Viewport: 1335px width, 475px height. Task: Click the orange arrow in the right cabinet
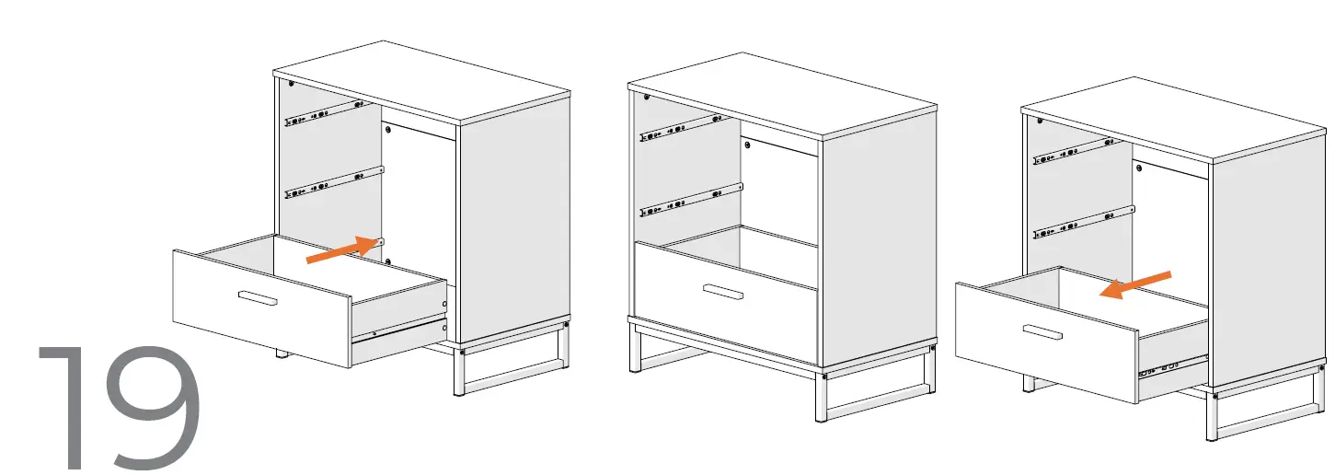1136,284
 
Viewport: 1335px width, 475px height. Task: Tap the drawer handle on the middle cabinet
723,292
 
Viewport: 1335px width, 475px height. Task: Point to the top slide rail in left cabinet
320,114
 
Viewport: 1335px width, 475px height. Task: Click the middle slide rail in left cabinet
333,180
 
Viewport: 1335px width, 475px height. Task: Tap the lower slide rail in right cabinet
1083,222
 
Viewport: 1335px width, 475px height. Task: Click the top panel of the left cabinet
421,81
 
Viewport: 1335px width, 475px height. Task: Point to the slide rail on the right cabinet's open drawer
1170,368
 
